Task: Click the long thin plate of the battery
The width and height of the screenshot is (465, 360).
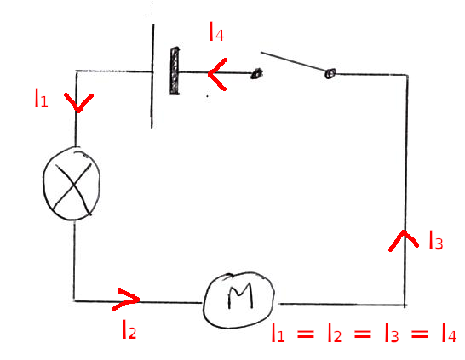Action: point(153,75)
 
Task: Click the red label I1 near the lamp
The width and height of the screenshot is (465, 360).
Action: point(41,100)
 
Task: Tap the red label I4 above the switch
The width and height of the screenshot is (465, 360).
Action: point(216,34)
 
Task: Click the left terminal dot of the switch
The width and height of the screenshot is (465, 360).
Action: point(255,75)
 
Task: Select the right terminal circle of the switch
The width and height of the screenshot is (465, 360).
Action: point(330,76)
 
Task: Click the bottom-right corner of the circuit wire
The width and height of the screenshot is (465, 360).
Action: point(405,304)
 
